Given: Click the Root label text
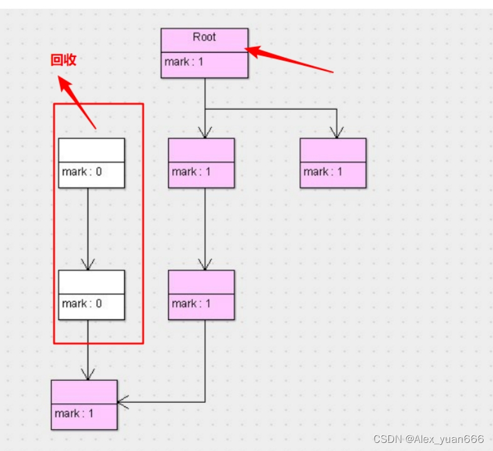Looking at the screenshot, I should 204,38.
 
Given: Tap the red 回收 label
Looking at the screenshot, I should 63,60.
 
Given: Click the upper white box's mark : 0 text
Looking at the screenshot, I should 81,172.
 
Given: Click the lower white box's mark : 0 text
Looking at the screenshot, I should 81,304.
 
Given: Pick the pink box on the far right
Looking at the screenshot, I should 333,163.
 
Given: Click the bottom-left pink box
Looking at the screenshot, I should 84,405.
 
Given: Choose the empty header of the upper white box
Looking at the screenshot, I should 91,150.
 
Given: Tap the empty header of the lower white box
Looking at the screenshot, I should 91,282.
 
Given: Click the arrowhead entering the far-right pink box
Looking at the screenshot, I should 336,132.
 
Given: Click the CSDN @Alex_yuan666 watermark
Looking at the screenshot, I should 428,439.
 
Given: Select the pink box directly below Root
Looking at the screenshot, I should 201,163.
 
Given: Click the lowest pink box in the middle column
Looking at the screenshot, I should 201,295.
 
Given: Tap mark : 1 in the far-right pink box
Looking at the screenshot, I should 323,172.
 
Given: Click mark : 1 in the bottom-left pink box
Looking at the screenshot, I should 74,413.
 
